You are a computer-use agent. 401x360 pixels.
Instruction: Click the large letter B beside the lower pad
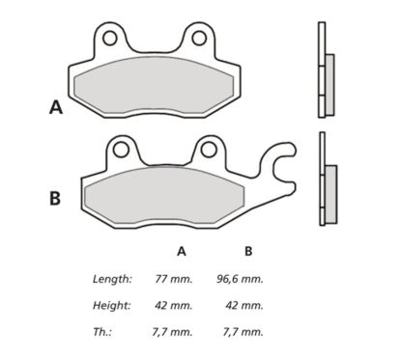55,199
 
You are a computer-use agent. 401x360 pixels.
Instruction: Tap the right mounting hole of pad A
201,39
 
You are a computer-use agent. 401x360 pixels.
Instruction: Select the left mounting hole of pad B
120,149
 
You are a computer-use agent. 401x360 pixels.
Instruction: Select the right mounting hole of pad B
208,149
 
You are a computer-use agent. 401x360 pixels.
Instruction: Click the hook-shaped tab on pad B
283,164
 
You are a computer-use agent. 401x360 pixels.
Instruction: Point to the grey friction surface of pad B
164,198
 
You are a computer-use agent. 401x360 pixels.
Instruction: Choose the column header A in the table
181,251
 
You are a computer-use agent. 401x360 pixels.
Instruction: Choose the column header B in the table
248,251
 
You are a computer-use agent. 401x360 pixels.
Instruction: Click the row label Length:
112,278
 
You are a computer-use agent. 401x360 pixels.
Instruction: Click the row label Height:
112,305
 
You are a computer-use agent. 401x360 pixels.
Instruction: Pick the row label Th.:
102,332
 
